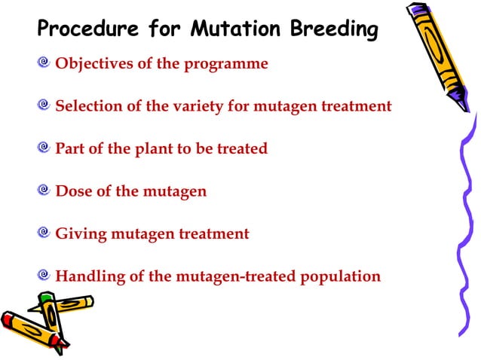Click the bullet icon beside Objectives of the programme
tap(45, 63)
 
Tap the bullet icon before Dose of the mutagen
tap(45, 191)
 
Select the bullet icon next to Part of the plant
tap(45, 148)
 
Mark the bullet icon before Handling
tap(45, 276)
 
